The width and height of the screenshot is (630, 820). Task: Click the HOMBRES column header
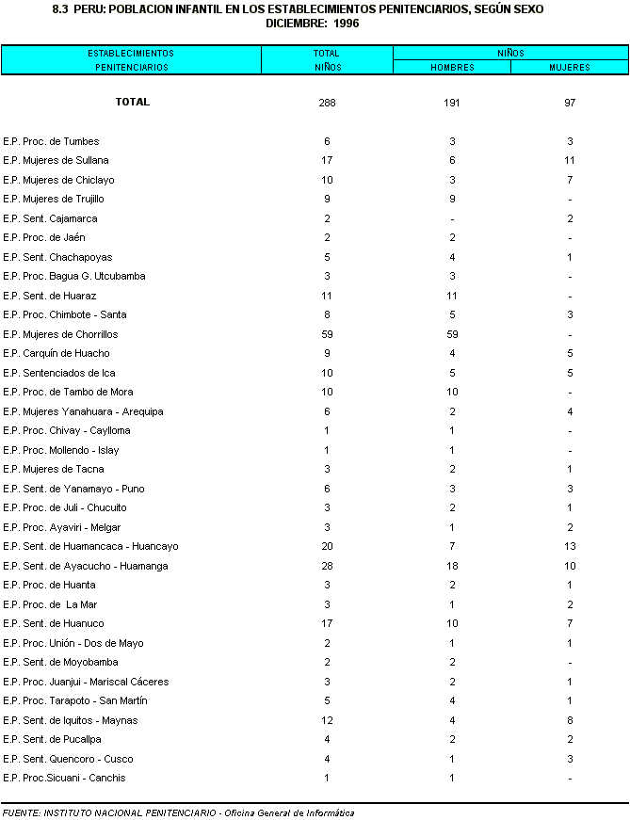[x=452, y=68]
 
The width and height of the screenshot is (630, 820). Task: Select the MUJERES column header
[x=570, y=68]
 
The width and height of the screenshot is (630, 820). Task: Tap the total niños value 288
[x=327, y=103]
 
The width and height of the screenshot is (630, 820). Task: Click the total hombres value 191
[x=452, y=103]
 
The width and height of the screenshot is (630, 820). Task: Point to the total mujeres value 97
[x=570, y=103]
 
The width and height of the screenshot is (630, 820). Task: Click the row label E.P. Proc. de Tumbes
[x=51, y=141]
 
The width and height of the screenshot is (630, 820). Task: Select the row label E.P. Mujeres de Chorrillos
[x=60, y=334]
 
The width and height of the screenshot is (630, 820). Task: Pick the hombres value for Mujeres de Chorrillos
[x=452, y=334]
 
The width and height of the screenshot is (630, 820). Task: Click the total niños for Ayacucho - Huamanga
[x=327, y=566]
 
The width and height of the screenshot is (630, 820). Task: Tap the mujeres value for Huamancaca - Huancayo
[x=570, y=546]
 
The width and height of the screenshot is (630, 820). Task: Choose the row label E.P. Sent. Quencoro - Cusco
[x=68, y=759]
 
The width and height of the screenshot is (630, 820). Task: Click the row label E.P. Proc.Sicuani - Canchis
[x=64, y=778]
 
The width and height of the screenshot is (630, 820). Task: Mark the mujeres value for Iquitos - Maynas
[x=570, y=720]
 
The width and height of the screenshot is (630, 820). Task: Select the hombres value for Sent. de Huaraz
[x=452, y=296]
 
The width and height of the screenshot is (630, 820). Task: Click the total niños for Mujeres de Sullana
[x=327, y=160]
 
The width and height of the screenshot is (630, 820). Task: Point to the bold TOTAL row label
[x=132, y=102]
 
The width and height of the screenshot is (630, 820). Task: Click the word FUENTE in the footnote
[x=21, y=812]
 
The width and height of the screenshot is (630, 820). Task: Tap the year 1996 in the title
[x=347, y=23]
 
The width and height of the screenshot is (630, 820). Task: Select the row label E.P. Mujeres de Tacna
[x=54, y=469]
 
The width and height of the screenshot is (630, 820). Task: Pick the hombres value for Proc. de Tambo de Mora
[x=452, y=392]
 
